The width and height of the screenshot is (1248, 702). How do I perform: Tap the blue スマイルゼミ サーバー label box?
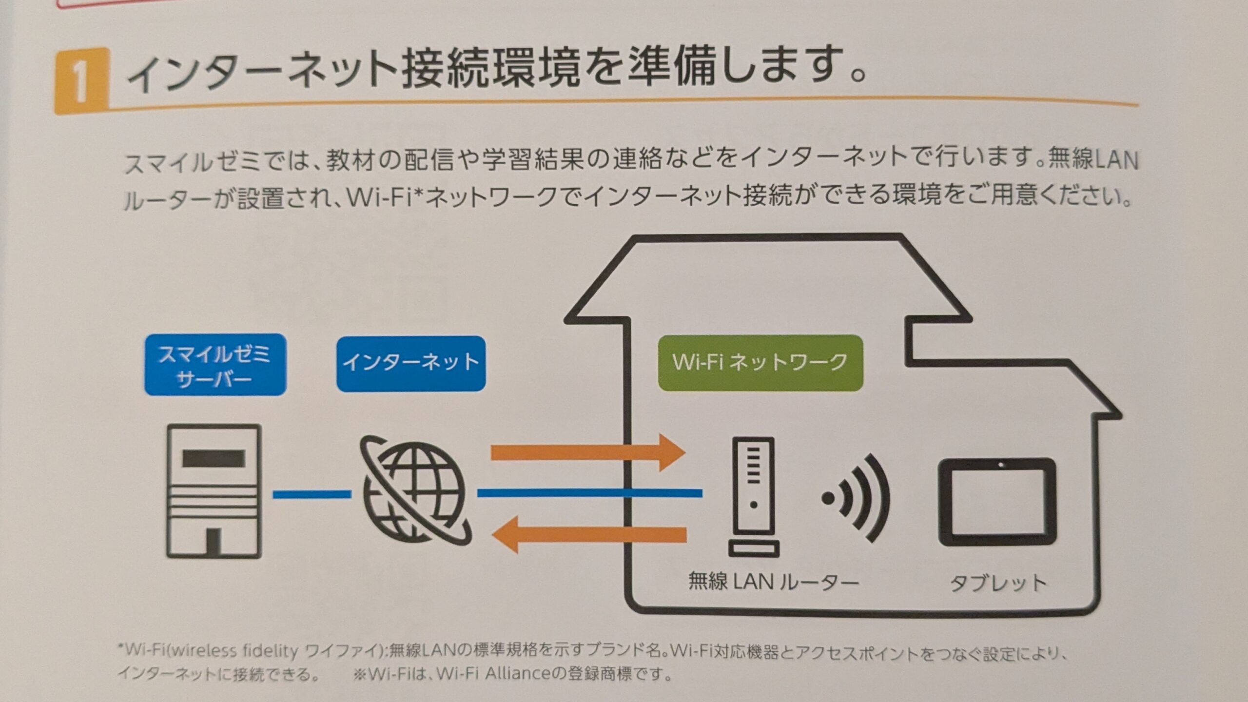point(215,365)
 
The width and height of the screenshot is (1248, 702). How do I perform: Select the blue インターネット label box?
point(411,364)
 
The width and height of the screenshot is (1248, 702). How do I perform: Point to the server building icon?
point(214,491)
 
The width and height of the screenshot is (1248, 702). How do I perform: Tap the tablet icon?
point(997,502)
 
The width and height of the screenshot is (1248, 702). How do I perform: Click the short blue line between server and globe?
point(312,494)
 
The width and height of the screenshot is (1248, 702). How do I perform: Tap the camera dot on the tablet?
point(1000,465)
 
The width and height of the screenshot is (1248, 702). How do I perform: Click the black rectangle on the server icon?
point(214,458)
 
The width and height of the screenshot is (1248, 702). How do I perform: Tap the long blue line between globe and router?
point(590,494)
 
